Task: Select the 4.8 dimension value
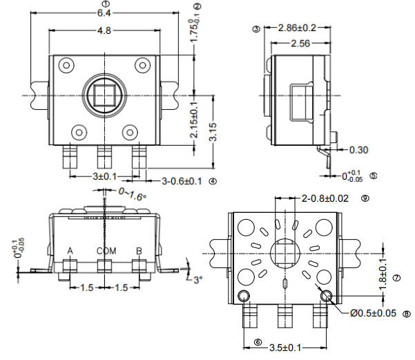104,30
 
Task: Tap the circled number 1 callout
104,3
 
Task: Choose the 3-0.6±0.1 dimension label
181,182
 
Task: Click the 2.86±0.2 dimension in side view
297,28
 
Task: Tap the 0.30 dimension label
358,149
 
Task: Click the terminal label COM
106,250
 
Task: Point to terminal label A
70,250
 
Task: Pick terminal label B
139,250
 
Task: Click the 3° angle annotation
197,281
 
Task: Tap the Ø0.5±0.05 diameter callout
373,313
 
